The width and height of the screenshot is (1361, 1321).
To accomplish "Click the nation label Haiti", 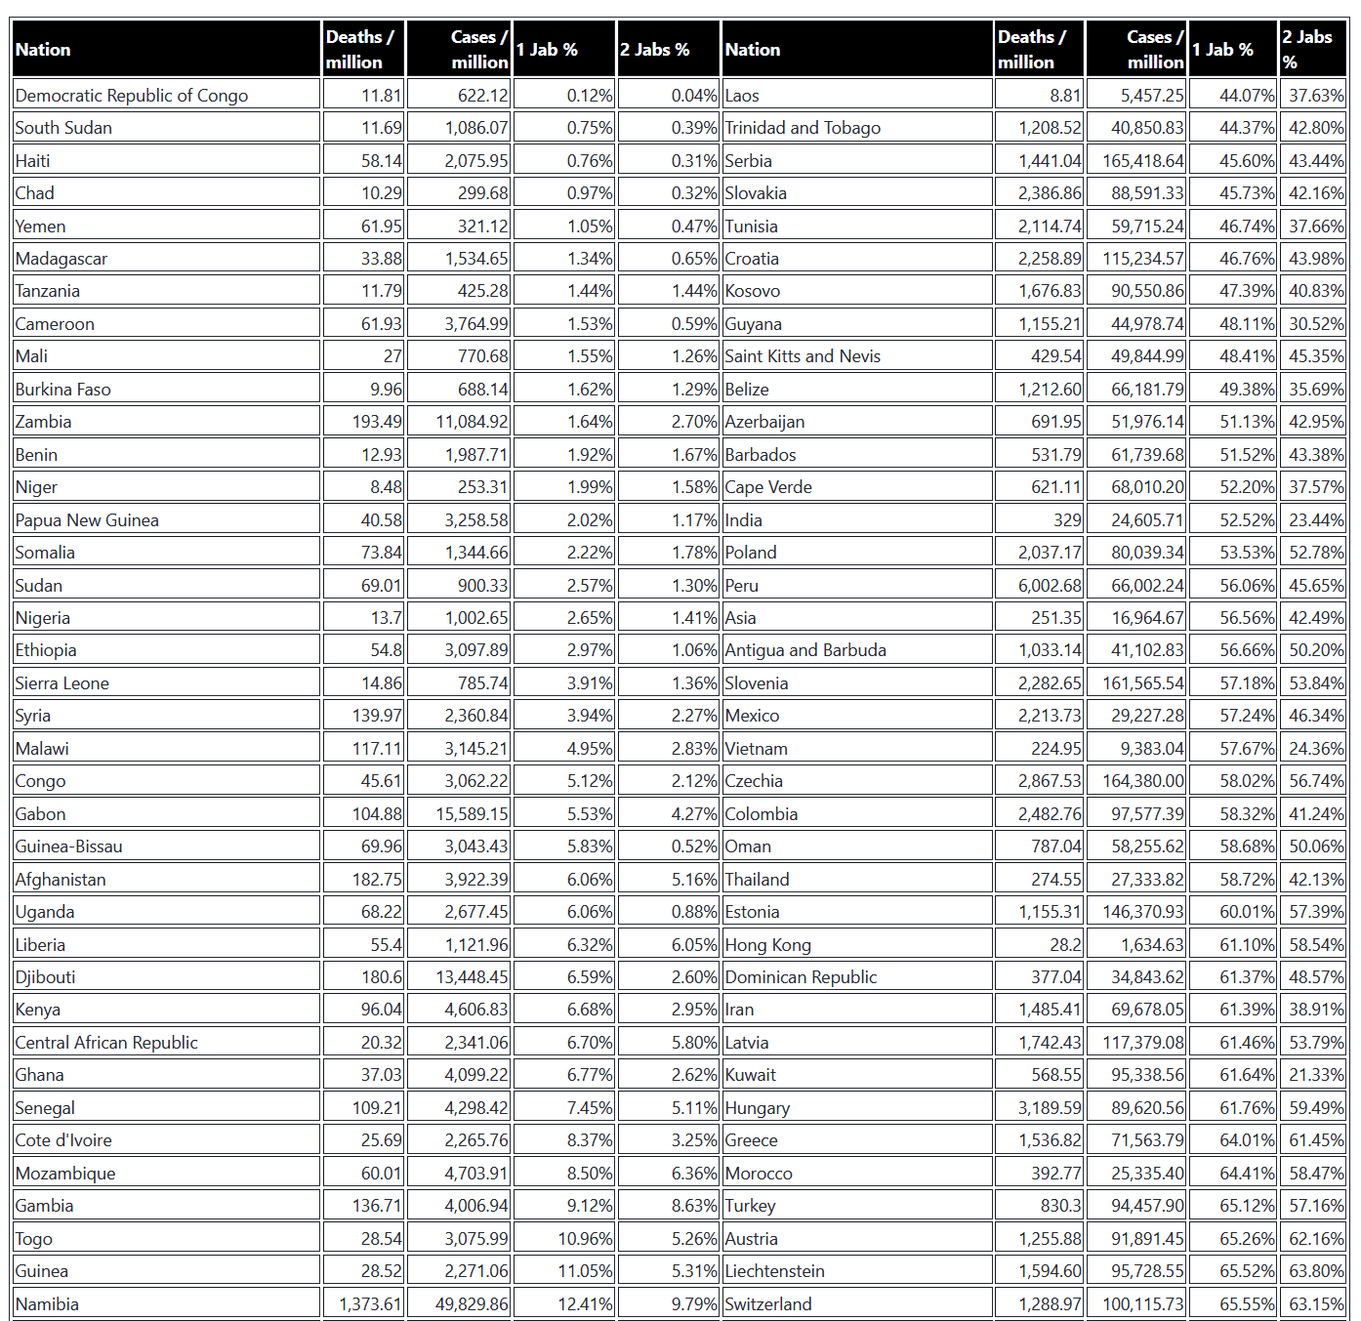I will tap(33, 161).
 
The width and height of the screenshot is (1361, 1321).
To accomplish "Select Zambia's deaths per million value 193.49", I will tap(377, 422).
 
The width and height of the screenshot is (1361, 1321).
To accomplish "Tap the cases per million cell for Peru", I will tap(1147, 586).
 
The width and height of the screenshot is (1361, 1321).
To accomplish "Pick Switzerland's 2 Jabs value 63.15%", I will tap(1316, 1304).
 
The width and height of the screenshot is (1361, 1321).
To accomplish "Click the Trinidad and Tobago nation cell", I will tap(803, 128).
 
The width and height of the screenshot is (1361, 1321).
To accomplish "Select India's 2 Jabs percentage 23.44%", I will tap(1316, 520).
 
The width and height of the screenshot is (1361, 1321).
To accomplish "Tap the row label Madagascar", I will tap(62, 259).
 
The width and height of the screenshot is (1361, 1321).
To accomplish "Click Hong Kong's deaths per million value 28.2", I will tap(1065, 945).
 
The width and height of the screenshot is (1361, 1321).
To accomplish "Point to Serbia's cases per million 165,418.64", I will tap(1142, 161).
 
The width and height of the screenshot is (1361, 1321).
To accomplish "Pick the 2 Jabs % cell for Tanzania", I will tap(694, 291).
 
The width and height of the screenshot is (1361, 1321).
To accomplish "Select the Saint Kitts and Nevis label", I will tap(803, 356).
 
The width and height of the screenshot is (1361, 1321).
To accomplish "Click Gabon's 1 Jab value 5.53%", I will tap(590, 814).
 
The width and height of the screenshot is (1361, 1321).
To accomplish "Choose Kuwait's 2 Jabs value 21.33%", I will tap(1316, 1075).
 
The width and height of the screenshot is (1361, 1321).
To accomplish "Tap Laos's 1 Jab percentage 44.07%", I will tap(1247, 96).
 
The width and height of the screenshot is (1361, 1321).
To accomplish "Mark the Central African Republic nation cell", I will tap(106, 1043).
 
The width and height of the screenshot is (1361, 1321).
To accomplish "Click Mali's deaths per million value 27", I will tap(392, 356).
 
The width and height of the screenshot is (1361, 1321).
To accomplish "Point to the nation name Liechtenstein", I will tap(774, 1271).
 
